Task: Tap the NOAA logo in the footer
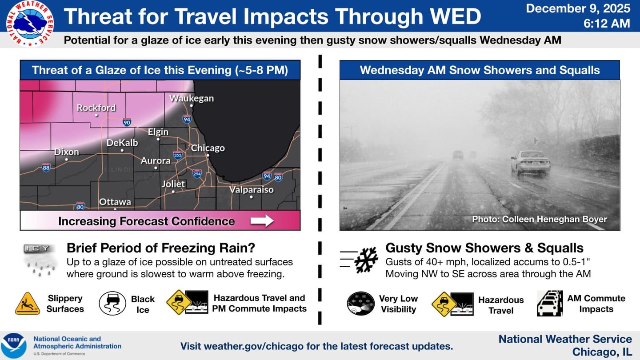tap(14, 345)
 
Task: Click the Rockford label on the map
tap(96, 108)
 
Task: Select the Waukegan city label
tap(192, 98)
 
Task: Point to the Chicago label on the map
tap(208, 148)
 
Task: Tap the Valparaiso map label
tap(251, 190)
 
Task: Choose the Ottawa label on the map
tap(115, 202)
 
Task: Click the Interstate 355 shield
tap(178, 154)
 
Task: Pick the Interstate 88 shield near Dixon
tap(46, 167)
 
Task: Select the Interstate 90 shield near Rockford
tap(127, 121)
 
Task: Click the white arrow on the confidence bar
tap(262, 221)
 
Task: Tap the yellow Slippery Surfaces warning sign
tap(27, 304)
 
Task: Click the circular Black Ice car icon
tap(112, 304)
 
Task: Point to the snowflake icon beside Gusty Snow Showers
tap(366, 260)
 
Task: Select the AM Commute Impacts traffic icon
tap(549, 304)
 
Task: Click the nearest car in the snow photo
tap(530, 163)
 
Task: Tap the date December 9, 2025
tap(578, 8)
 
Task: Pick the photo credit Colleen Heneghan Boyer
tap(539, 219)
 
